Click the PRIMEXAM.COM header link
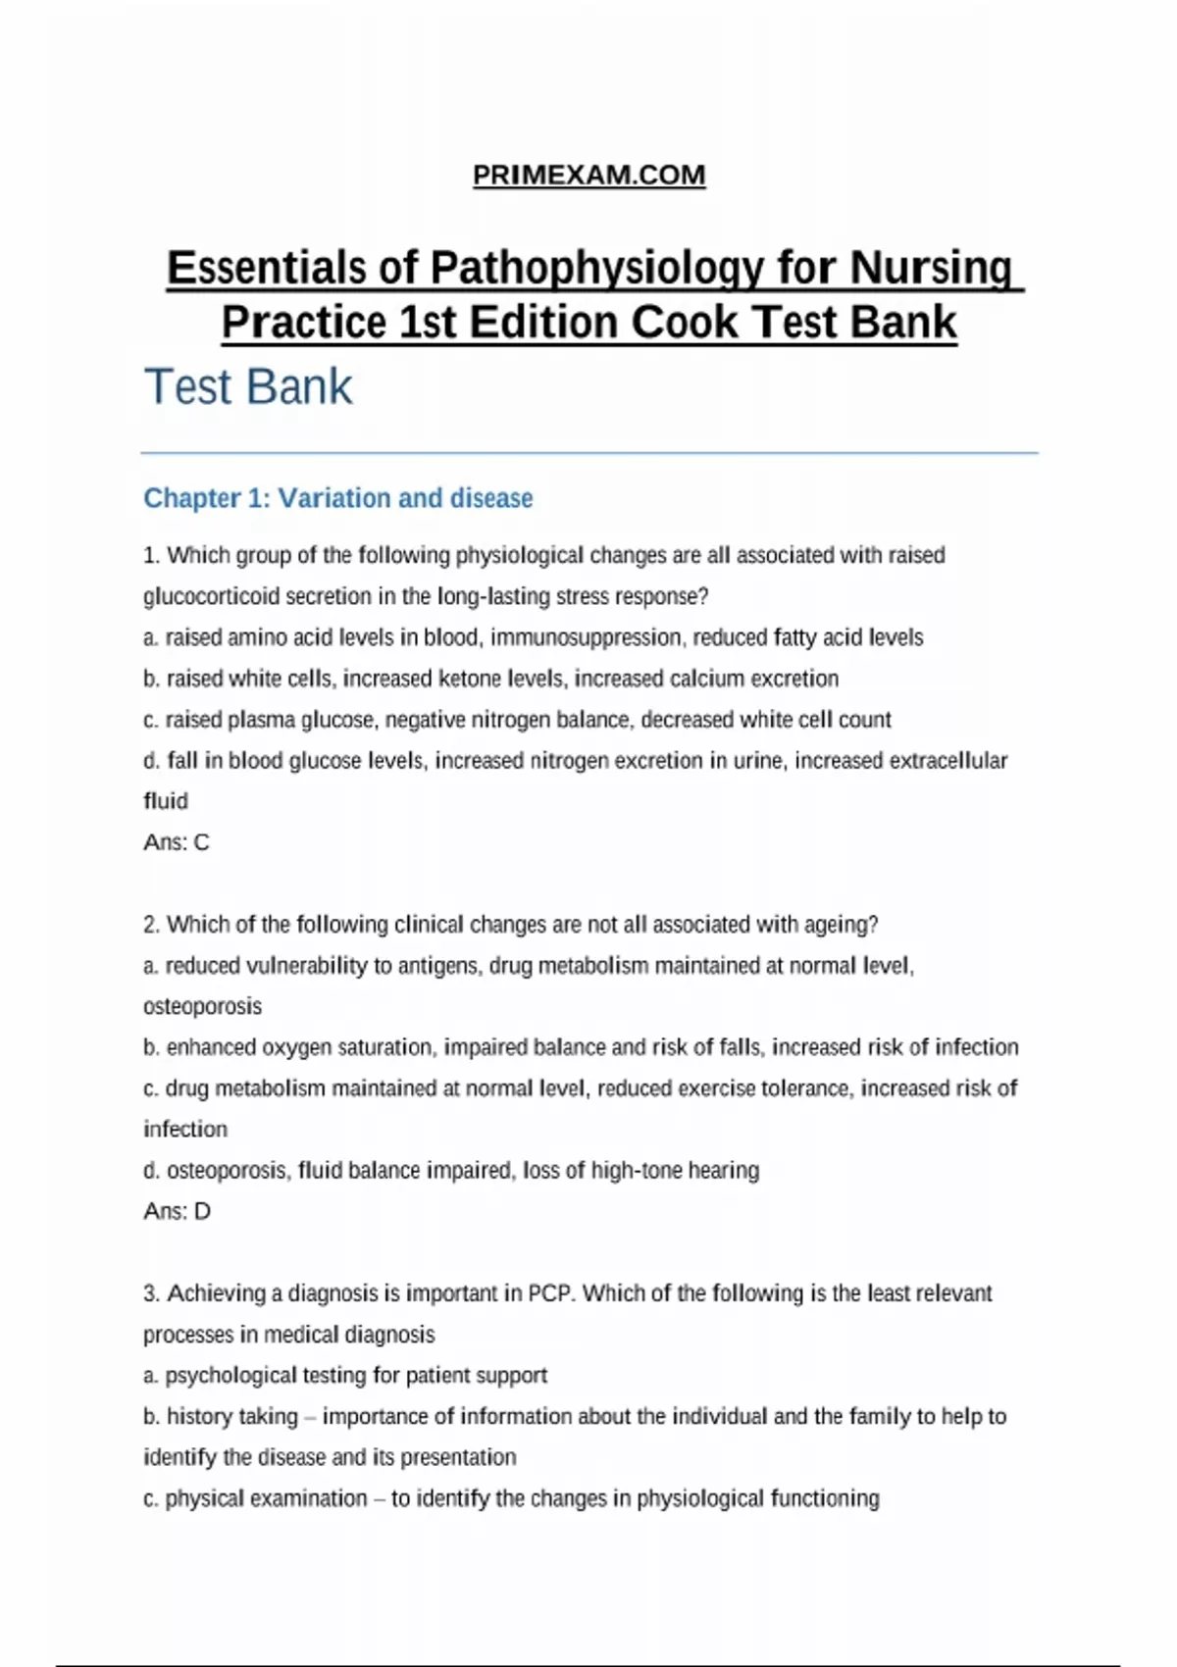pos(588,176)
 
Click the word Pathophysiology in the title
pos(596,268)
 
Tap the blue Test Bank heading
pos(248,386)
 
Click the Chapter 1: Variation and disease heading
pos(338,498)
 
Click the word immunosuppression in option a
pos(585,637)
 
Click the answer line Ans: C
pos(177,842)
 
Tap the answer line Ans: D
pos(177,1211)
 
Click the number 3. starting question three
pos(152,1293)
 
